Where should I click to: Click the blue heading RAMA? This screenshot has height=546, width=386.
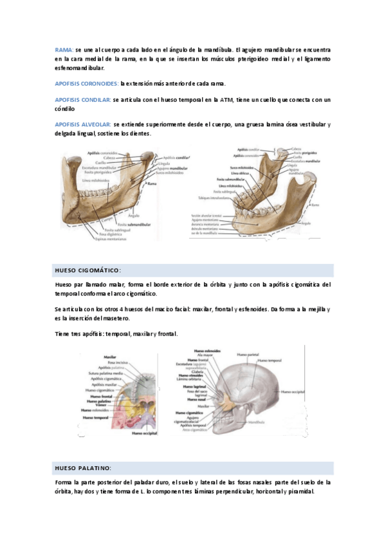(64, 50)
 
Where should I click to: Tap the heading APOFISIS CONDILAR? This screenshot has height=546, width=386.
(82, 100)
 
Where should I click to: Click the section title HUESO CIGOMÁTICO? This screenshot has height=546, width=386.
(88, 270)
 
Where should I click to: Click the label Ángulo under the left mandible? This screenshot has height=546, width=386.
(134, 215)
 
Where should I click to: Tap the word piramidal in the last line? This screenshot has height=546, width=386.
(300, 491)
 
